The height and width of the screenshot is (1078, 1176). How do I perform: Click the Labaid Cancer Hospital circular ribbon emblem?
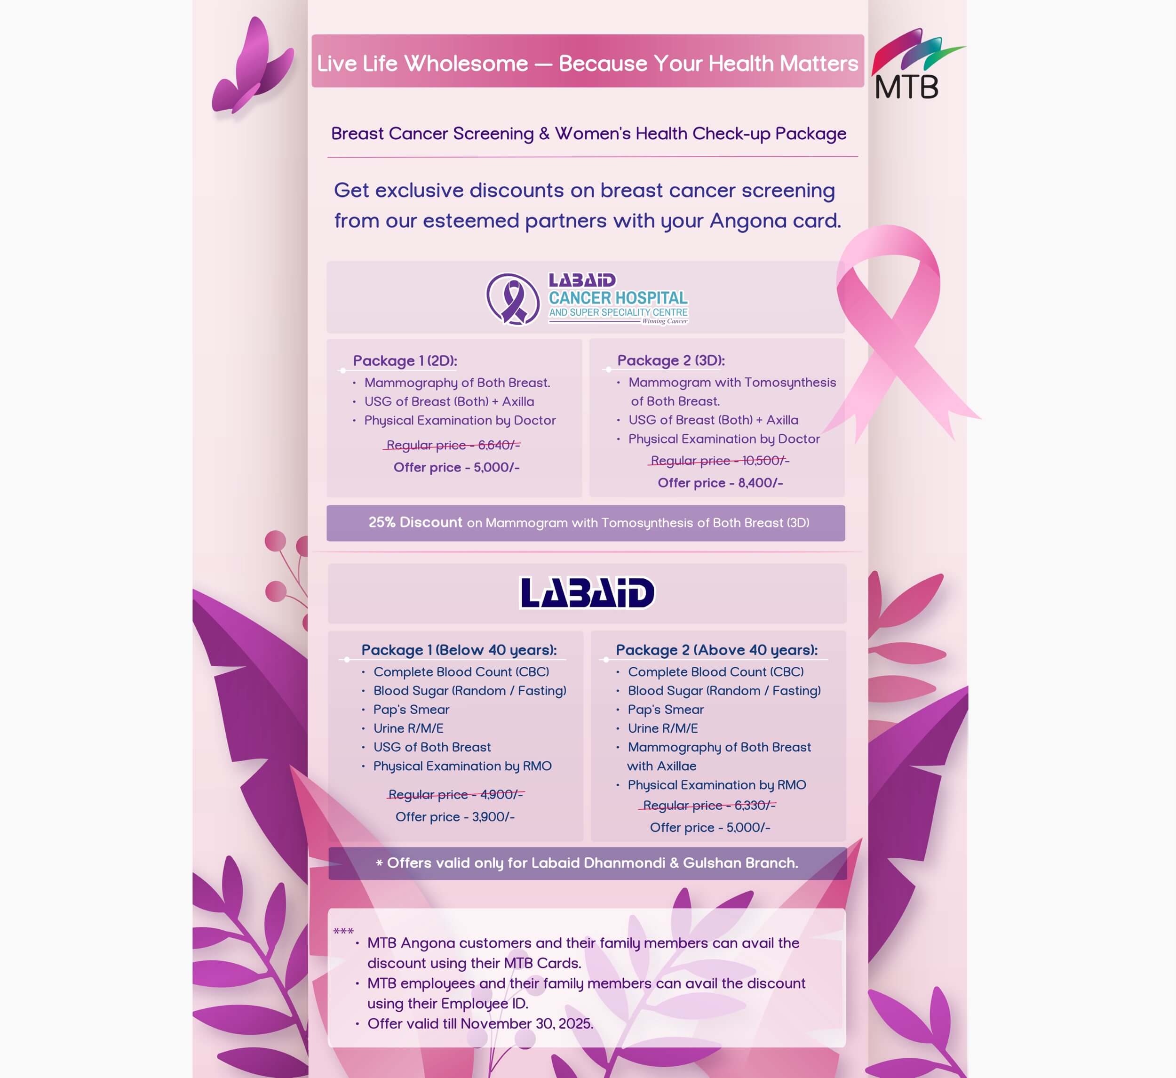pos(513,299)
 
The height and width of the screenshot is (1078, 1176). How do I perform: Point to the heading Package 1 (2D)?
pos(405,361)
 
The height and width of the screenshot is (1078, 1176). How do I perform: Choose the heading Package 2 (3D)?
pos(671,360)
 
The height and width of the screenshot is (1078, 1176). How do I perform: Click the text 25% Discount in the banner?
pos(415,522)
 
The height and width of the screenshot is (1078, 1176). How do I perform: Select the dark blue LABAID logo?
pos(587,593)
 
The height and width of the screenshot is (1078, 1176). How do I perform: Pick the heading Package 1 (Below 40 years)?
pos(459,650)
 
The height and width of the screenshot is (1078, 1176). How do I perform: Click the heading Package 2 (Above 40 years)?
pos(716,650)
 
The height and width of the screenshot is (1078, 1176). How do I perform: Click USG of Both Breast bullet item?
pos(432,747)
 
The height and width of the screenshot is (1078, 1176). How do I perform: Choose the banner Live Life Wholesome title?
pos(588,63)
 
